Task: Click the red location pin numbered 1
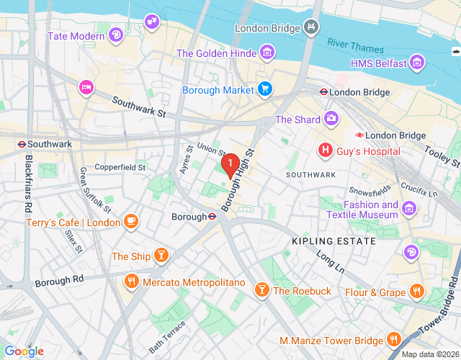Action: click(230, 166)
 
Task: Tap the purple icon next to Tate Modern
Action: click(116, 35)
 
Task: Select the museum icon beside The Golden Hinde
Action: click(267, 53)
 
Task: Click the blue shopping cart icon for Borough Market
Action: click(266, 89)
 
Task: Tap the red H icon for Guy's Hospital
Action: click(326, 150)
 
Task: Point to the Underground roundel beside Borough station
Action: click(213, 216)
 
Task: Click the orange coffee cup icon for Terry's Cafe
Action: click(131, 221)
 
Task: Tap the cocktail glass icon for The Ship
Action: click(162, 256)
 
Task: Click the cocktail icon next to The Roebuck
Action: click(262, 290)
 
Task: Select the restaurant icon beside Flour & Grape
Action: click(416, 292)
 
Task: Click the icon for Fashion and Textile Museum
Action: click(409, 209)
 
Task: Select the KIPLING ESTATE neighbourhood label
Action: click(334, 241)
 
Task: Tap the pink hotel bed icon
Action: click(86, 87)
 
